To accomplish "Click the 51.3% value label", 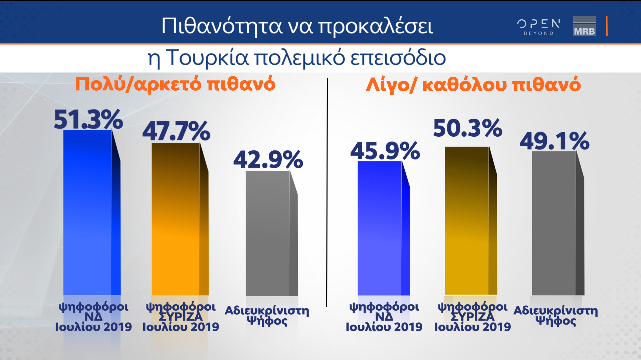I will coord(88,119).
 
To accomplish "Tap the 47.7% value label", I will coord(176,131).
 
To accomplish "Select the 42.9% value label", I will coord(268,160).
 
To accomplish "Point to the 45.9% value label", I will coord(385,151).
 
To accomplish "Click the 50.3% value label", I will coord(467,128).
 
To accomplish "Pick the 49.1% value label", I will coord(555,141).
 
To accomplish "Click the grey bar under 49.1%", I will coord(554,223).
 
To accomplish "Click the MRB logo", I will coord(584,26).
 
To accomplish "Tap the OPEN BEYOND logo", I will coord(539,27).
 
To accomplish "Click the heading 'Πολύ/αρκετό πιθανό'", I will coord(175,84).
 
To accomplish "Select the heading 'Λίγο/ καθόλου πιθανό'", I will coord(473,85).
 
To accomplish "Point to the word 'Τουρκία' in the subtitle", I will coord(207,58).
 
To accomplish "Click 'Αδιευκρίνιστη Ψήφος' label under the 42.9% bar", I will coord(267,315).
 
